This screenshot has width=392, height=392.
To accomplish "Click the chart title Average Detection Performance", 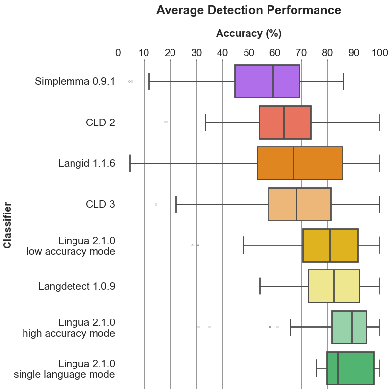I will pos(248,10).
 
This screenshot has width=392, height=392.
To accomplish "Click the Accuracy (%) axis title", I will pos(248,33).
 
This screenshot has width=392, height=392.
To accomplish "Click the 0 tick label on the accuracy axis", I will pos(118,53).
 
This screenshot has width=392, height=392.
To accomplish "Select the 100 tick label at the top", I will pos(380,53).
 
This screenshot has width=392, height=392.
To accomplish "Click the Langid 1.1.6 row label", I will pos(86,163).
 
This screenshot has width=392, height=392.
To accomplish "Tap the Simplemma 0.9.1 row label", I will pos(74,81).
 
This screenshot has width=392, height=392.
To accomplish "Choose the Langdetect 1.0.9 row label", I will pos(76,286).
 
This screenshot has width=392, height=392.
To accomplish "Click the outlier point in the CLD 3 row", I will pos(156,204).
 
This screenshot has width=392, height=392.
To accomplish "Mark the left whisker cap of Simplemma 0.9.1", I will pos(149,81).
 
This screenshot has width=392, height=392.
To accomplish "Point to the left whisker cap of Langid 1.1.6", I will pos(130,163).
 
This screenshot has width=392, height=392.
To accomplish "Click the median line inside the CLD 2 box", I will pos(284,122).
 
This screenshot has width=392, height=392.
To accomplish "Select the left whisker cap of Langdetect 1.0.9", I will pos(260,286).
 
